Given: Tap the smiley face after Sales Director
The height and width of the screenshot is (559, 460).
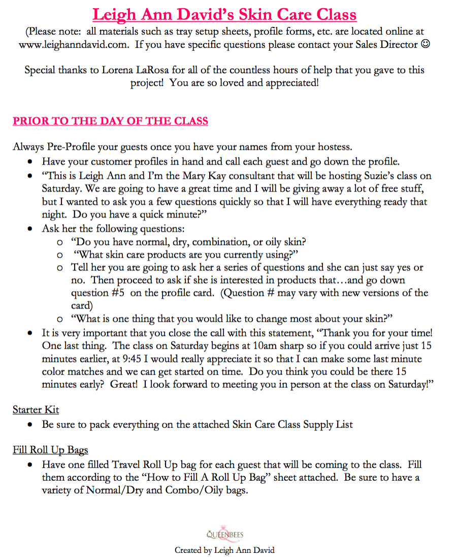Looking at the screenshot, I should click(425, 44).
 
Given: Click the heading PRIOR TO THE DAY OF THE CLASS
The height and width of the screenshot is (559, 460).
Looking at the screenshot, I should click(110, 121).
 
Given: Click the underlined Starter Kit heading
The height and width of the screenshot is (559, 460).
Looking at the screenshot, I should click(36, 410).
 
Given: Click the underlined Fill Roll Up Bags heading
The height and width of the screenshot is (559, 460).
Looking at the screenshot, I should click(51, 450).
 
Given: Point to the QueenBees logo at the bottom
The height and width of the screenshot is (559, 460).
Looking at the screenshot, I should click(225, 534).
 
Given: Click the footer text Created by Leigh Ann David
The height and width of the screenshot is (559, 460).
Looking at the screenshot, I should click(225, 550).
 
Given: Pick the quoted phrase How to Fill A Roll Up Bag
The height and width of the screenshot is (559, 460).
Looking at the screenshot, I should click(189, 478).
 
